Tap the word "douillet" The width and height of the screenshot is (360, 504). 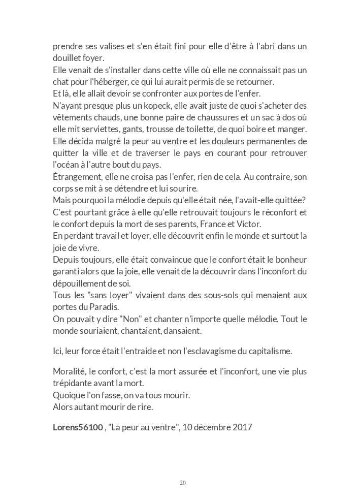pyautogui.click(x=67, y=58)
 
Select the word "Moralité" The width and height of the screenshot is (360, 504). pyautogui.click(x=68, y=371)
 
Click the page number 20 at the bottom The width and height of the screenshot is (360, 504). pyautogui.click(x=183, y=482)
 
